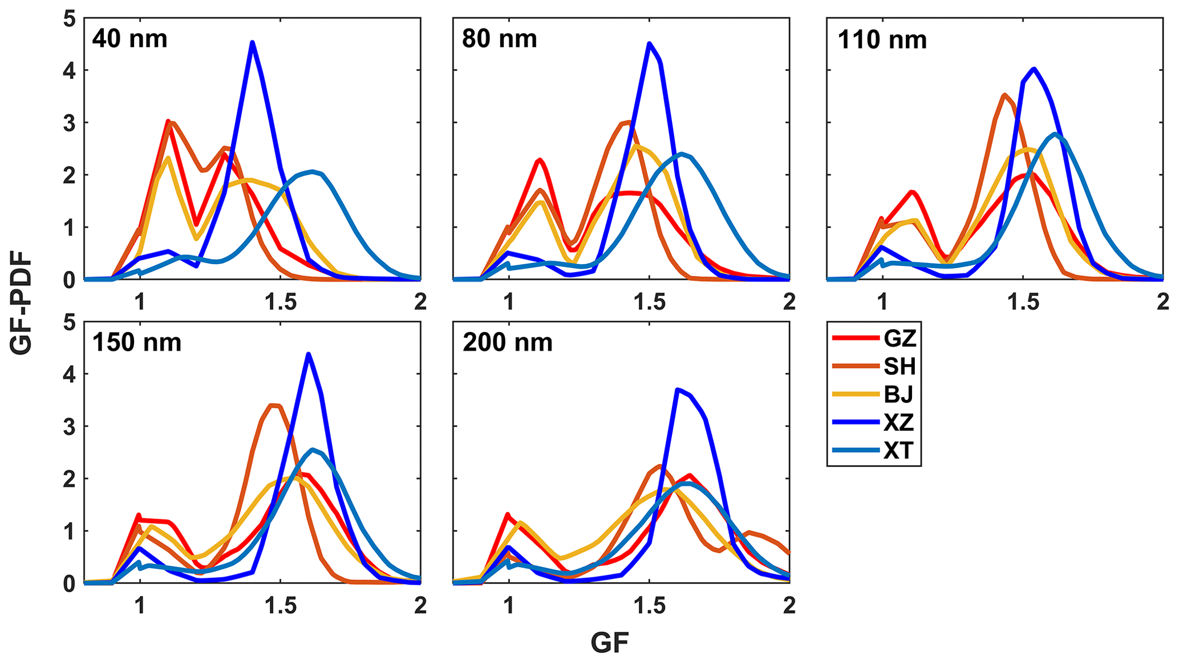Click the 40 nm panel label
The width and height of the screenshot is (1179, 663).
pyautogui.click(x=129, y=39)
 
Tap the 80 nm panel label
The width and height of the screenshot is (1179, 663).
pyautogui.click(x=499, y=39)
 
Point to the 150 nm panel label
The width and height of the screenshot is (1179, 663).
pyautogui.click(x=136, y=343)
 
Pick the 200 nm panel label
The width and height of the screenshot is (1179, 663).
pyautogui.click(x=507, y=343)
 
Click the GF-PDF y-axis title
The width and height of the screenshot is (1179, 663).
pyautogui.click(x=21, y=305)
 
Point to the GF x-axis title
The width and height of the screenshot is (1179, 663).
pyautogui.click(x=609, y=644)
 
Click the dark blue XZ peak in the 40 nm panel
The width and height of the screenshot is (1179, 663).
pyautogui.click(x=252, y=43)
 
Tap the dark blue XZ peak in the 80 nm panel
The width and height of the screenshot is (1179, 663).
pyautogui.click(x=649, y=44)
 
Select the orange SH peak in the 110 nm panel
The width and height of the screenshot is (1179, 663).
pyautogui.click(x=1004, y=95)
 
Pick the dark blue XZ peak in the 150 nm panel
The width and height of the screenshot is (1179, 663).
pyautogui.click(x=309, y=354)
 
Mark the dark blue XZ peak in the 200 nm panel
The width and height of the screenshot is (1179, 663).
pyautogui.click(x=677, y=390)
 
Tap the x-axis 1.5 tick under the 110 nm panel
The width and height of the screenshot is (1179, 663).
pyautogui.click(x=1023, y=302)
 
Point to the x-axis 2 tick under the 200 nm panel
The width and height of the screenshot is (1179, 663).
pyautogui.click(x=789, y=605)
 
